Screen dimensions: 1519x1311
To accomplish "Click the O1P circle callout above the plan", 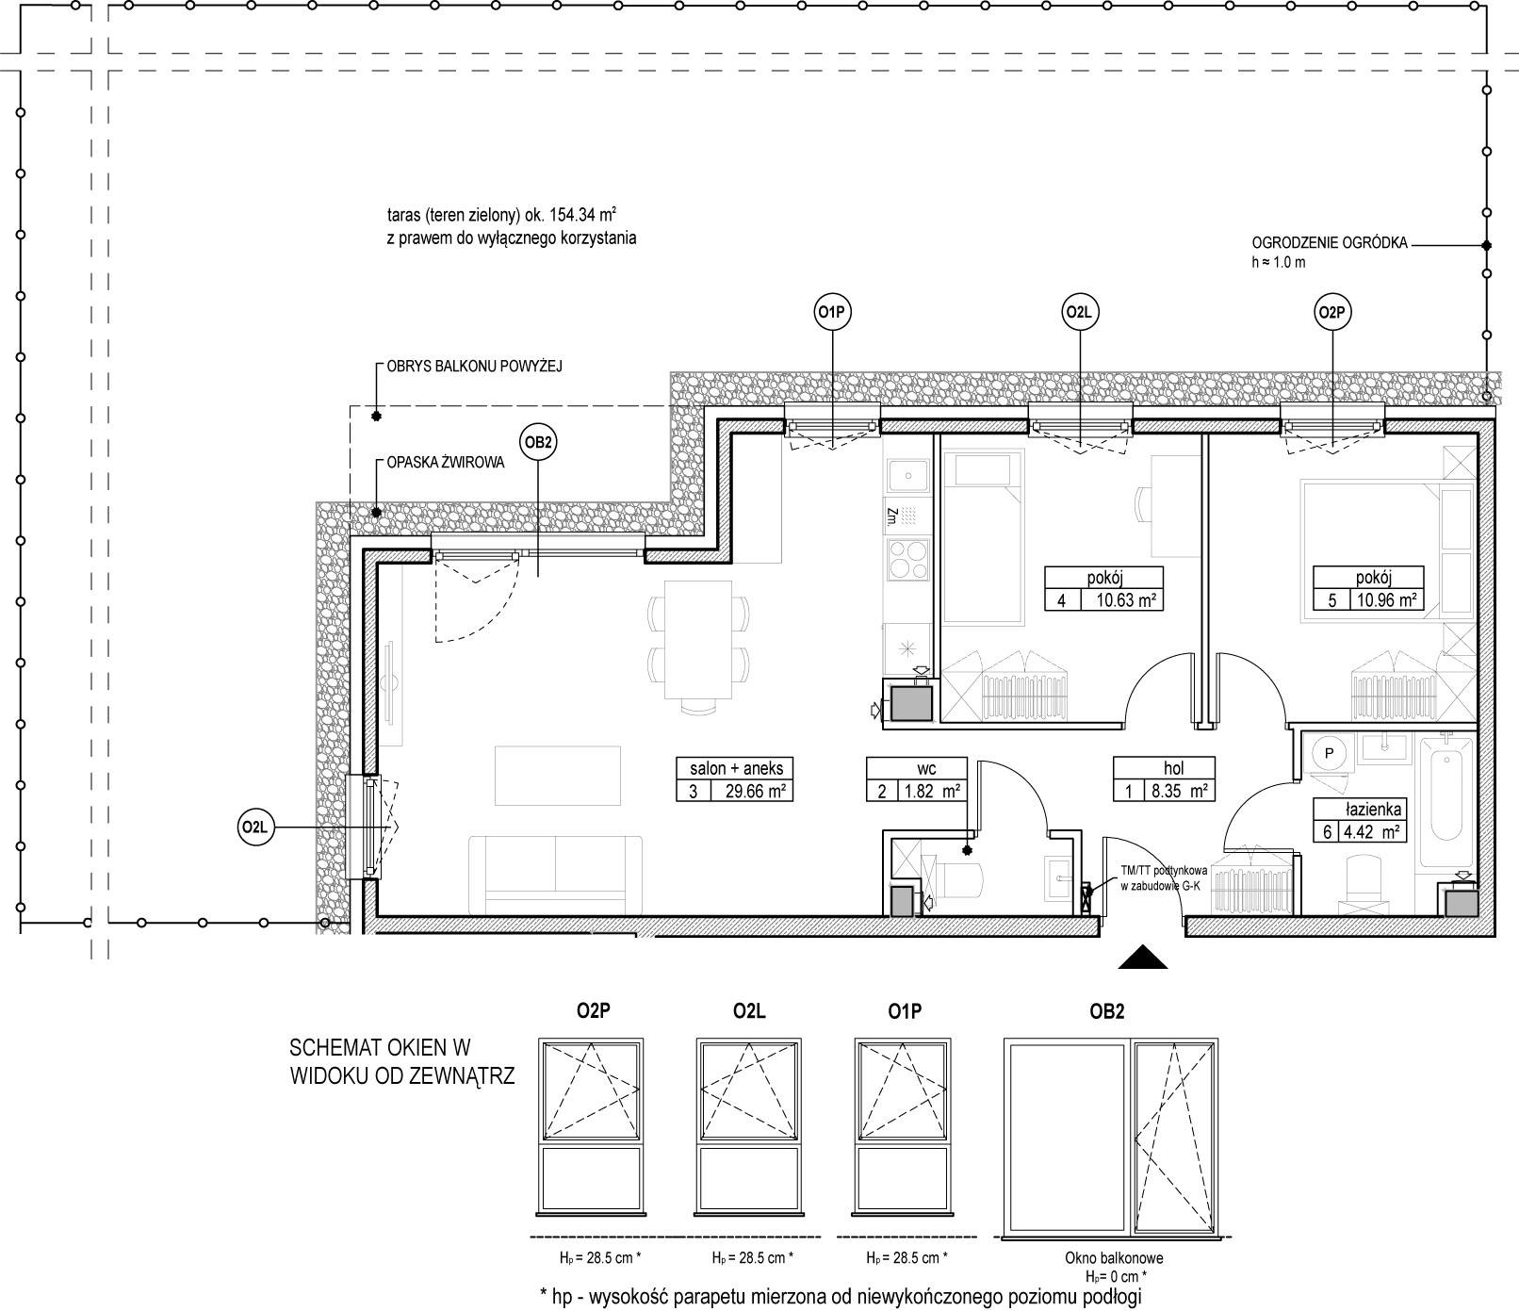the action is pos(830,311).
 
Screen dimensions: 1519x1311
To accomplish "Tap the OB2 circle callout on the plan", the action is pos(537,442).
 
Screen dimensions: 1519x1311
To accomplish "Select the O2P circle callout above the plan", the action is pos(1332,311).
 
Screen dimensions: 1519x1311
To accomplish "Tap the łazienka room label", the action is pos(1360,808).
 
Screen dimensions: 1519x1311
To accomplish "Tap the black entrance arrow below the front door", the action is pos(1143,956).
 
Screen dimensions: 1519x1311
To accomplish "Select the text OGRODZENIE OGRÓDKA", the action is pos(1330,243).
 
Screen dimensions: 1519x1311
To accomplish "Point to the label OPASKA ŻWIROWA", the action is pos(445,463).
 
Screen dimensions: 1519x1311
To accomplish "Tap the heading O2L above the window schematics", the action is pos(748,1012).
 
